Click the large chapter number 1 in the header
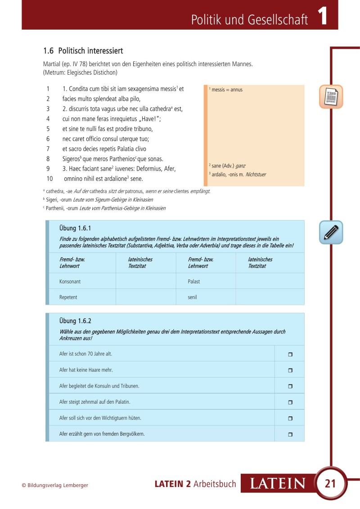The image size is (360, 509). [322, 17]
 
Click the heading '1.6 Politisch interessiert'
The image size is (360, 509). [83, 51]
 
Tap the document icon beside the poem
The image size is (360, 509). [331, 96]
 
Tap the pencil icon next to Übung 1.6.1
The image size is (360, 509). [331, 232]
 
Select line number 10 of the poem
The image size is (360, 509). [49, 179]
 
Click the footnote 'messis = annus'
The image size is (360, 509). [227, 90]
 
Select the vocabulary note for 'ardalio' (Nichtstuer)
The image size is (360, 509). [238, 174]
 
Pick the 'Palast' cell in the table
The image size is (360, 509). [194, 281]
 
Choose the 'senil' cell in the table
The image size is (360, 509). [193, 297]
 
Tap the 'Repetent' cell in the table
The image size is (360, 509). [68, 297]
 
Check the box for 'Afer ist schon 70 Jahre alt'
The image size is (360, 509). [290, 354]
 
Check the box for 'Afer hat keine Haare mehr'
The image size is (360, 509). [290, 370]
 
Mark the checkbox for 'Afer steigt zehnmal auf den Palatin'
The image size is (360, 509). [290, 402]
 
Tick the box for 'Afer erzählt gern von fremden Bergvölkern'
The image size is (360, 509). [290, 434]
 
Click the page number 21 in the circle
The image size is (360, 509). [330, 484]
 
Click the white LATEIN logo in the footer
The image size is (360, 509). [277, 484]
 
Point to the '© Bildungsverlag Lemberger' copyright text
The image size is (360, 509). [55, 485]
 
